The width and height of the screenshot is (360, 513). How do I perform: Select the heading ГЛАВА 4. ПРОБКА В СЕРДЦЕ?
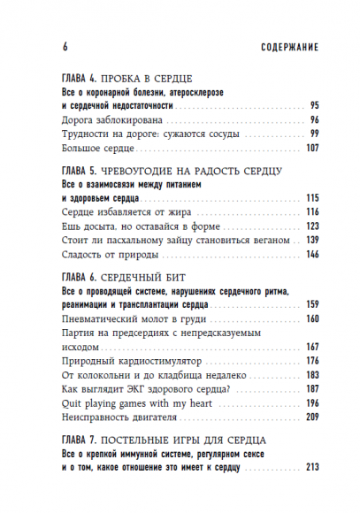point(127,78)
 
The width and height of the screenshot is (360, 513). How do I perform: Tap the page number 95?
point(312,105)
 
